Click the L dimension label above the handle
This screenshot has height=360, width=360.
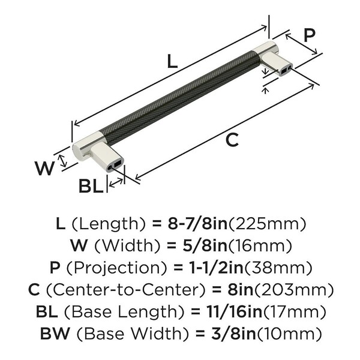[x=172, y=61]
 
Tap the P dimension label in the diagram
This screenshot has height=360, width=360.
[x=308, y=35]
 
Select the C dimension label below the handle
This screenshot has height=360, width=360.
[x=231, y=140]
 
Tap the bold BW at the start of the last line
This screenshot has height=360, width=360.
[x=52, y=332]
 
